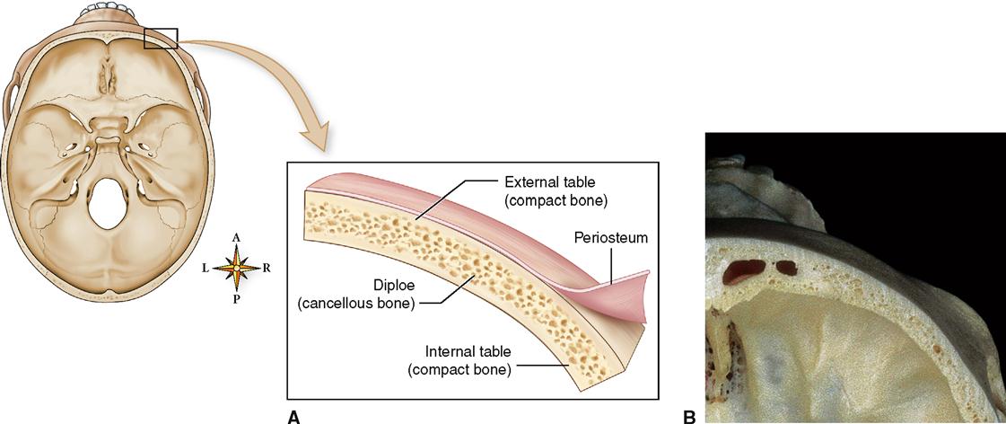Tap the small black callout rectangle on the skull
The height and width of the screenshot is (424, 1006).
[161, 38]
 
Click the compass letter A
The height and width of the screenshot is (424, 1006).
[236, 237]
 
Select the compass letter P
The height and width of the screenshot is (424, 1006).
[236, 299]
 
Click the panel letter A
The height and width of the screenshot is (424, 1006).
[293, 416]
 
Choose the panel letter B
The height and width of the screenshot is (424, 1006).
[689, 416]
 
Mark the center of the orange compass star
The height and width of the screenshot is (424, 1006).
[236, 268]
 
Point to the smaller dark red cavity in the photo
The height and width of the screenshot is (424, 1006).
[787, 266]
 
